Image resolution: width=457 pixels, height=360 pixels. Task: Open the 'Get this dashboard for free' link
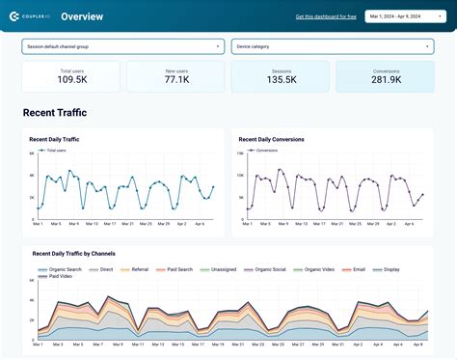click(x=325, y=16)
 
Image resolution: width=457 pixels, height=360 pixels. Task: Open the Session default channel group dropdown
click(x=122, y=46)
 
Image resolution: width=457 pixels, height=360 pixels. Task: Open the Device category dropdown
click(x=332, y=46)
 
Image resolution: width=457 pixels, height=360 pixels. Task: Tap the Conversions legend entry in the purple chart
click(x=264, y=151)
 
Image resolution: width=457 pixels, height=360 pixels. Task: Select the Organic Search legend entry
click(x=63, y=268)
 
